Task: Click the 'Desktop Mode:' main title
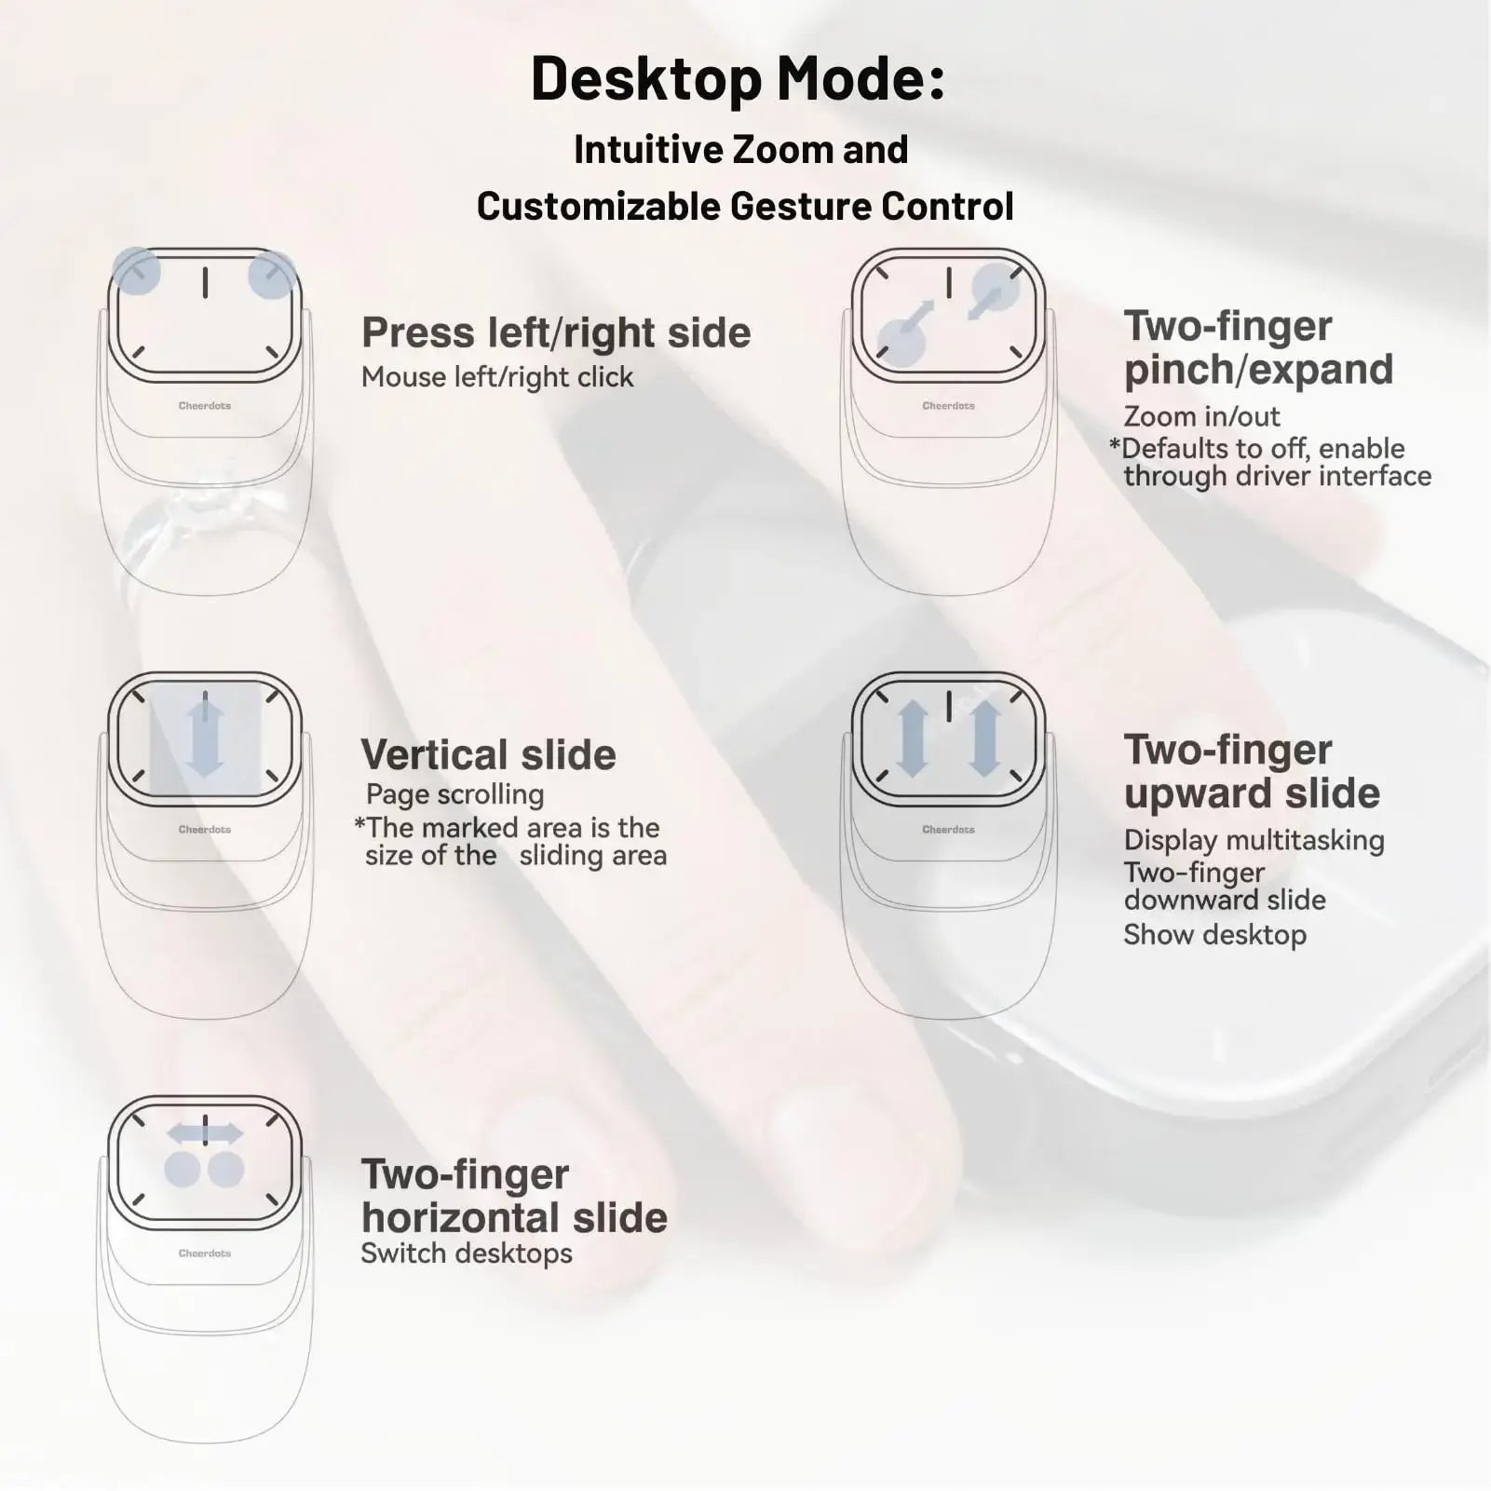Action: click(738, 78)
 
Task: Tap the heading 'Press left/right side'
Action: click(556, 332)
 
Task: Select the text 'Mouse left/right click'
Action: click(497, 377)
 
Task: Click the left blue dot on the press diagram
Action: click(136, 272)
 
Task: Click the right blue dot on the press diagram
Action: click(272, 275)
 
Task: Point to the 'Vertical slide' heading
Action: click(488, 754)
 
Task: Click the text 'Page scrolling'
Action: click(454, 794)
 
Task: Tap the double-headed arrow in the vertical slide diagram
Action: click(205, 738)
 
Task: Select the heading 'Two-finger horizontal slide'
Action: click(513, 1196)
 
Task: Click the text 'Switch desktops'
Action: click(467, 1254)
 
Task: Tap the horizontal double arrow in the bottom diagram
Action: click(205, 1133)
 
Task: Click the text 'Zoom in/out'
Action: click(1201, 416)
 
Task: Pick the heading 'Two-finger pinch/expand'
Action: click(1258, 347)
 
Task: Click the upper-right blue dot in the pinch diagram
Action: click(996, 285)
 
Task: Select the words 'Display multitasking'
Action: click(1254, 840)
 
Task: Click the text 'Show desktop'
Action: click(1214, 935)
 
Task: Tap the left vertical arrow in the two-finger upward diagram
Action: click(912, 739)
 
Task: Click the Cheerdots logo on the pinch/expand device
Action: click(948, 406)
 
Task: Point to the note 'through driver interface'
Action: click(1277, 476)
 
